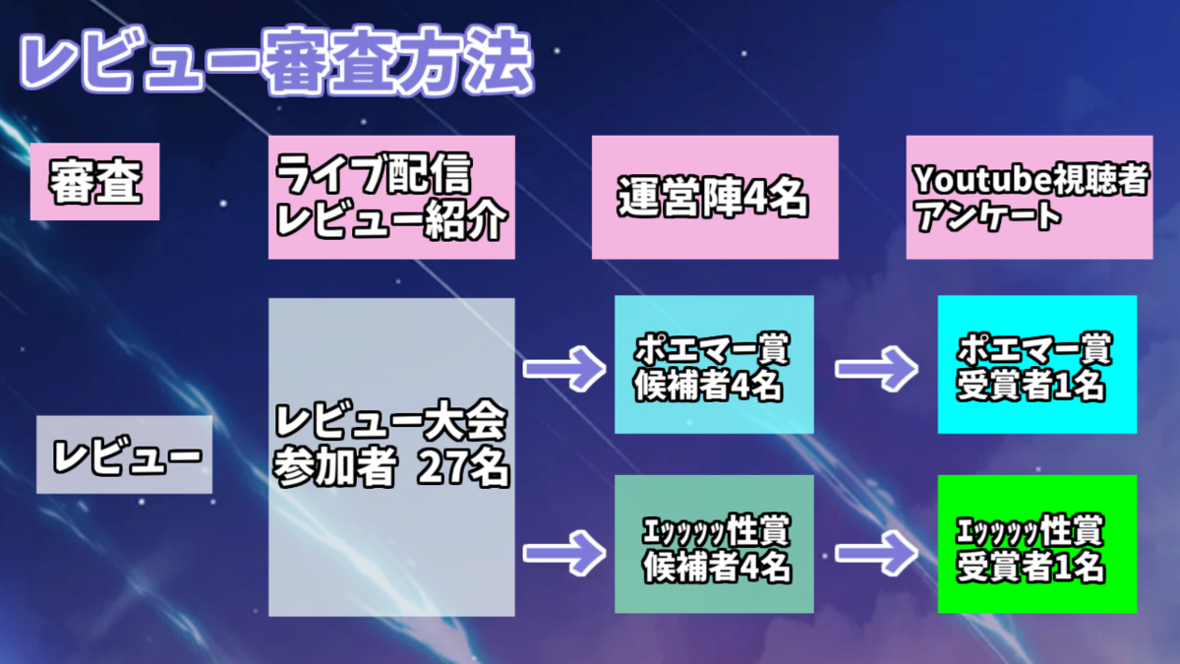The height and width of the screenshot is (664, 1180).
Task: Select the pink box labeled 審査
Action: [x=95, y=182]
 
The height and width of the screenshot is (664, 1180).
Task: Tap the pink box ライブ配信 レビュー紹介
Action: [x=391, y=198]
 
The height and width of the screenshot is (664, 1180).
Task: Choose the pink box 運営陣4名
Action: [x=715, y=198]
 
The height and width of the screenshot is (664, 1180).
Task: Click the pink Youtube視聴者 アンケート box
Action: [x=1029, y=198]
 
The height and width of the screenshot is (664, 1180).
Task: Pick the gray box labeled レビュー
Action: [x=125, y=454]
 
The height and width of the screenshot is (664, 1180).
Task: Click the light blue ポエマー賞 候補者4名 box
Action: [x=714, y=365]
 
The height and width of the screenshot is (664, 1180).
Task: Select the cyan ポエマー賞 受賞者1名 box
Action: [x=1036, y=365]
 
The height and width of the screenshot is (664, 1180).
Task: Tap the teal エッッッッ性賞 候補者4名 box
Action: [x=714, y=545]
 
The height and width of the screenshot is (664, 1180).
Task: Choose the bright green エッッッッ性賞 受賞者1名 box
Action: [x=1036, y=545]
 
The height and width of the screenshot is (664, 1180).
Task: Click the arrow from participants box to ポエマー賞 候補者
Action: [x=564, y=368]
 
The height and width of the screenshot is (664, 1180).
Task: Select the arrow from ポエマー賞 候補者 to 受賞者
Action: [x=876, y=368]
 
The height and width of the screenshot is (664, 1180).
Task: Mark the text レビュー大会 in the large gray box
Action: [x=391, y=423]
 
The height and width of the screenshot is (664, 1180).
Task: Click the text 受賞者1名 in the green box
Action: [x=1032, y=568]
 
